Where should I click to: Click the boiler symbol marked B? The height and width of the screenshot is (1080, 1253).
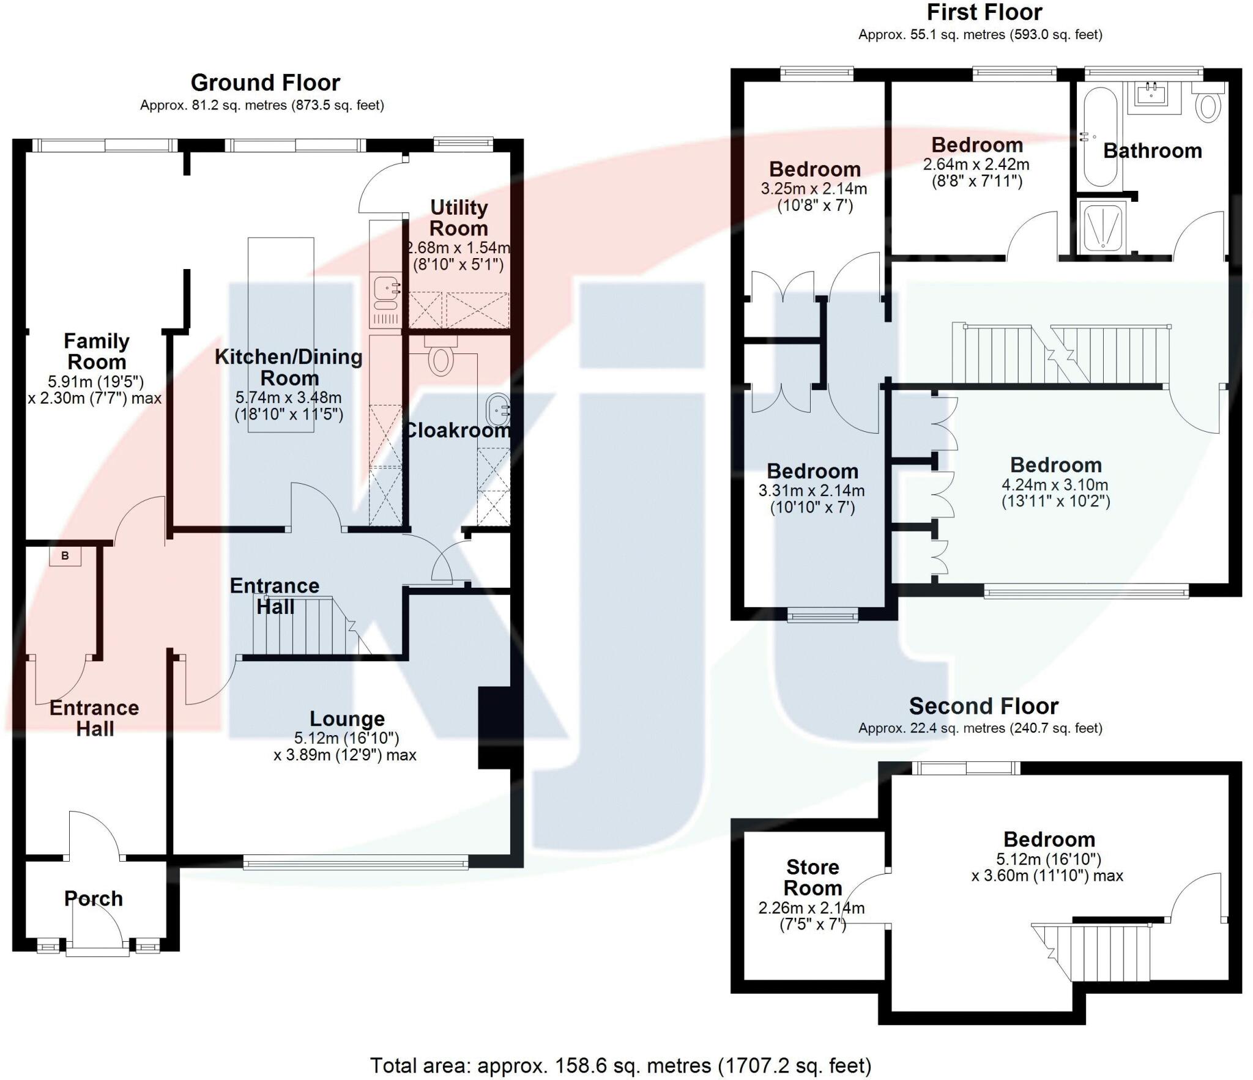(x=65, y=556)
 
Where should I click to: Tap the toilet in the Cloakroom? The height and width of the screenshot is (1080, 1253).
(x=441, y=357)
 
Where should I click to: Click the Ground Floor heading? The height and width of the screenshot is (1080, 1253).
(x=265, y=83)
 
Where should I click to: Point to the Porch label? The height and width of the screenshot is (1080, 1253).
(x=94, y=898)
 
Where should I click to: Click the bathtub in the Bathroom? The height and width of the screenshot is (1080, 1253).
(x=1101, y=136)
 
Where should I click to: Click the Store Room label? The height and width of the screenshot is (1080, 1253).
(x=812, y=878)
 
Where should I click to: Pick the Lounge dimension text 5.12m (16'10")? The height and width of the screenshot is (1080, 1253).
(x=347, y=738)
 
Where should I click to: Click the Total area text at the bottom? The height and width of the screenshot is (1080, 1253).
(x=620, y=1065)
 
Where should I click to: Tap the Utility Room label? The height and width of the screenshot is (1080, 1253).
(x=458, y=218)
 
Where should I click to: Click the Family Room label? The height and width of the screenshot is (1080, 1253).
(x=97, y=351)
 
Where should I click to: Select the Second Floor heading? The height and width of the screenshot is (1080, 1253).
(x=983, y=706)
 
